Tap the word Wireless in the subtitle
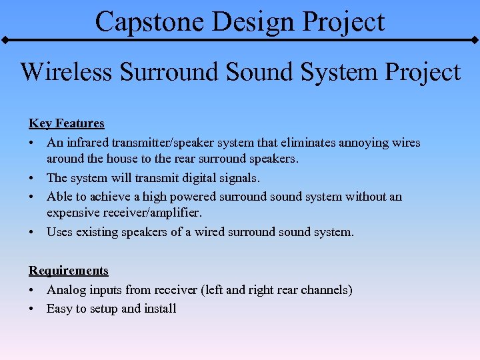tap(67, 71)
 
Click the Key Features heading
tap(66, 123)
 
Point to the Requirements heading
tap(68, 271)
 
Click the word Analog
tap(66, 290)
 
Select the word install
tap(161, 309)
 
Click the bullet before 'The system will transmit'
tap(32, 179)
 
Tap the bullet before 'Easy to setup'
tap(32, 309)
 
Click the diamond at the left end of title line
tap(4, 40)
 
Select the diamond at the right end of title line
tap(475, 40)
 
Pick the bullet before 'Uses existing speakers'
tap(32, 233)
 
